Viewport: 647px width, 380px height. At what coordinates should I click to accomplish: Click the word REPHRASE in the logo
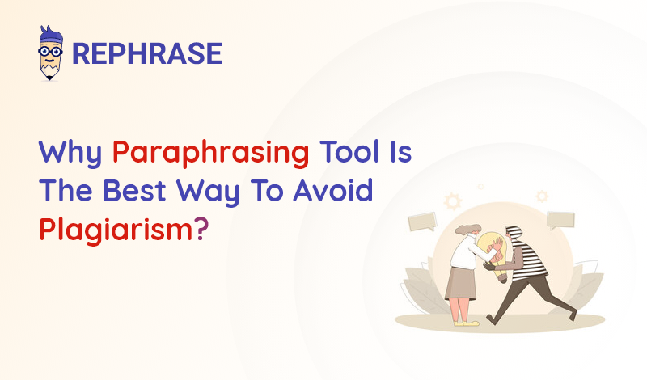coord(147,53)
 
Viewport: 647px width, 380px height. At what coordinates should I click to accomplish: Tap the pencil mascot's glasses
coord(50,52)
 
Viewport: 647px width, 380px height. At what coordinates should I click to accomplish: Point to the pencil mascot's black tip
coord(50,77)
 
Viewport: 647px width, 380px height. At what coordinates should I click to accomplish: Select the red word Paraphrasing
coord(211,153)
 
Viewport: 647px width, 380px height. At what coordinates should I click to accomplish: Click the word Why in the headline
coord(70,153)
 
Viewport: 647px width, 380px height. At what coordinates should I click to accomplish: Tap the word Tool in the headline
coord(350,151)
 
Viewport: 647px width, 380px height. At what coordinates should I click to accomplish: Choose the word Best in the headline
coord(134,190)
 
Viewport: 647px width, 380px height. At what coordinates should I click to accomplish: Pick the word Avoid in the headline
coord(332,190)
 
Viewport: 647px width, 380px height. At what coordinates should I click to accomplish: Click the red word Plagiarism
coord(116,230)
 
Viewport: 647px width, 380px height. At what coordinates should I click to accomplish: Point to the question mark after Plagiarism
coord(201,229)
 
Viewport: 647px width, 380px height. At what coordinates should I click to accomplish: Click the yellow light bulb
coord(494,255)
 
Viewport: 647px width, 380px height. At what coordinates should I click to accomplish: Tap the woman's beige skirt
coord(461,283)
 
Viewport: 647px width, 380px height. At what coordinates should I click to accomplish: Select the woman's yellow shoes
coord(467,323)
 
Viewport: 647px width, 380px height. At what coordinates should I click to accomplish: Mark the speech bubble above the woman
coord(422,222)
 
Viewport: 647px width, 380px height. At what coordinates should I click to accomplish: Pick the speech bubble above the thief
coord(560,221)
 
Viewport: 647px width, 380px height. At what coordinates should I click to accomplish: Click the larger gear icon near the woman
coord(453,201)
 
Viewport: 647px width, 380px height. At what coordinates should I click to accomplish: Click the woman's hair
coord(468,230)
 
